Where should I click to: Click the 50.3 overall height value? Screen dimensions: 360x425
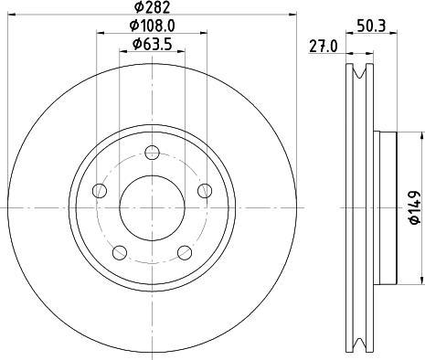[369, 26]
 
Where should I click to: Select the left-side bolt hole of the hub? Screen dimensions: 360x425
[100, 190]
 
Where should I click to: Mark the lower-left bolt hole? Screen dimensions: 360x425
[118, 250]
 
